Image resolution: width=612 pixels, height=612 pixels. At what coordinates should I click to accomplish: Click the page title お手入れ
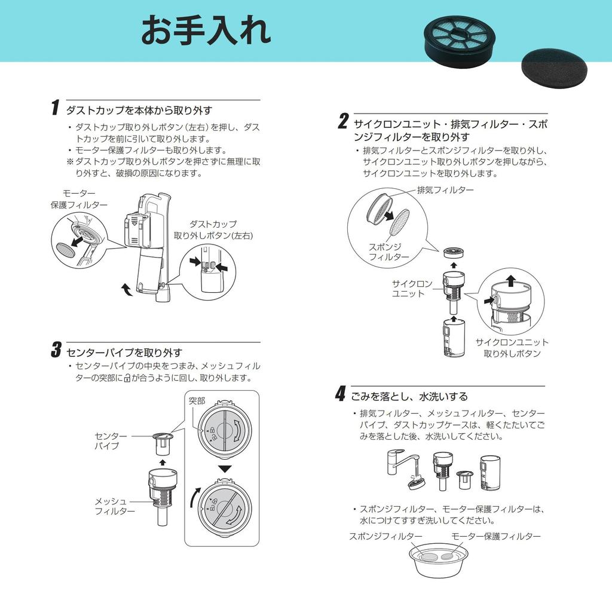[x=206, y=30]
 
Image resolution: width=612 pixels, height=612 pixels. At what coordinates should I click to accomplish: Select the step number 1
[x=56, y=108]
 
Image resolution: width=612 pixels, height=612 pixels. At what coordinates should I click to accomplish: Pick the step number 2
[x=343, y=121]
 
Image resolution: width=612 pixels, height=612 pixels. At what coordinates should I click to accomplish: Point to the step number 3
[x=56, y=349]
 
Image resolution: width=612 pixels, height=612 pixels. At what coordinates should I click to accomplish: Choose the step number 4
[x=340, y=393]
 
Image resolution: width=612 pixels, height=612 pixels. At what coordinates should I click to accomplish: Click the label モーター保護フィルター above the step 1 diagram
[x=79, y=199]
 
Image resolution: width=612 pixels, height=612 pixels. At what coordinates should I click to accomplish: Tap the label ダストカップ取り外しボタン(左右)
[x=213, y=230]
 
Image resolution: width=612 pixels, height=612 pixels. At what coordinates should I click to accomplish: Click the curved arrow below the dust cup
[x=127, y=289]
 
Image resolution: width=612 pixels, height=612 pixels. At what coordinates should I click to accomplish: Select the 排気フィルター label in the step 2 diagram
[x=445, y=190]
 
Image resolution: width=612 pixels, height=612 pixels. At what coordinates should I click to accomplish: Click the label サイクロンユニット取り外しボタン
[x=512, y=348]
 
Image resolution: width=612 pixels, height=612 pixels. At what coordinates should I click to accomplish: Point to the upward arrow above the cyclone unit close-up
[x=511, y=280]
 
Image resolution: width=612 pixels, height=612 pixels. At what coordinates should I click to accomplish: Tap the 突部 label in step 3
[x=197, y=401]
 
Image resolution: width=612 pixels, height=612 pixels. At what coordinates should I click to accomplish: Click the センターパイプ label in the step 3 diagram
[x=111, y=440]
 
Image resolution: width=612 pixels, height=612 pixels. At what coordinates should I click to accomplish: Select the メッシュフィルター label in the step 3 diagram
[x=115, y=506]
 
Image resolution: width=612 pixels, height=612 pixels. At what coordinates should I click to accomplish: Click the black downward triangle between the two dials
[x=225, y=469]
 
